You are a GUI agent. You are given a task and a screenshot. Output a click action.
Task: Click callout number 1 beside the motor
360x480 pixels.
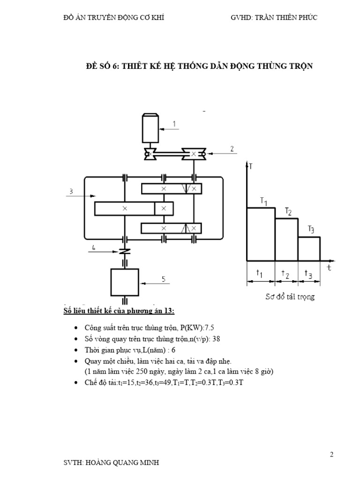[x=174, y=124]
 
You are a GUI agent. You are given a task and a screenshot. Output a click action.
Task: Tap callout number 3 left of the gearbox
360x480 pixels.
[x=71, y=191]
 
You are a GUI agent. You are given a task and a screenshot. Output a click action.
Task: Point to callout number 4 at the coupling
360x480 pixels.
[x=94, y=247]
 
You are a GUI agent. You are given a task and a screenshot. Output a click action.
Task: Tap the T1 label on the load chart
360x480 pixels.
[x=263, y=202]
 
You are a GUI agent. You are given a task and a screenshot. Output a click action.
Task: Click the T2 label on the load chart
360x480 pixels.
[x=288, y=211]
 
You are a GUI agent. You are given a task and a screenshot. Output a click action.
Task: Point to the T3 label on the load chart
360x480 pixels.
[x=311, y=229]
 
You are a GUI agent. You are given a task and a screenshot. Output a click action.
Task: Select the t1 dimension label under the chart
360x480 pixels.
[x=259, y=273]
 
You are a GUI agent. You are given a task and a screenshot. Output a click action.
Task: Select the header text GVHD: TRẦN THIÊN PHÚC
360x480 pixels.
[x=274, y=18]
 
